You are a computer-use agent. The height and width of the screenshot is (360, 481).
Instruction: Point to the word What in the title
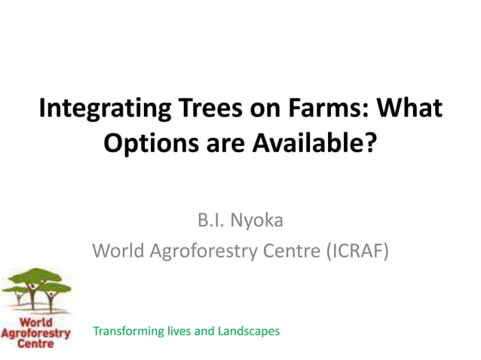coord(410,110)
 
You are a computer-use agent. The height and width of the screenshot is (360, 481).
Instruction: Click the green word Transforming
coord(126,331)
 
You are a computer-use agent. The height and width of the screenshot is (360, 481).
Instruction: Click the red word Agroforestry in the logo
coord(35,332)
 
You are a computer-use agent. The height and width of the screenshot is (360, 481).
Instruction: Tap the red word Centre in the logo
coord(35,343)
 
